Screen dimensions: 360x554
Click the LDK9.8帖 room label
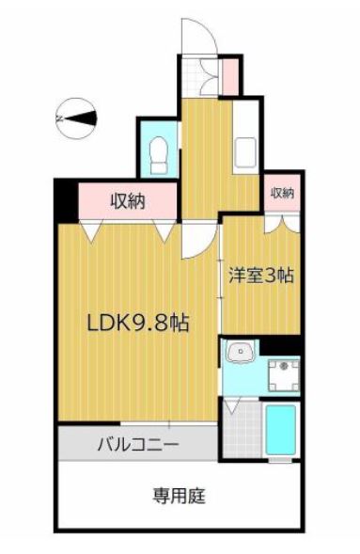[138, 323]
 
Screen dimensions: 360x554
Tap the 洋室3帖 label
[261, 276]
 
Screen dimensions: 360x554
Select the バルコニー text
[138, 443]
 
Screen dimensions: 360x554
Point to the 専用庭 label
[179, 496]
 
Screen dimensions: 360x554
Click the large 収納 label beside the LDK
[128, 201]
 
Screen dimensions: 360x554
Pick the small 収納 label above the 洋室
[282, 193]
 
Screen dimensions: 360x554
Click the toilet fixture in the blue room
[159, 155]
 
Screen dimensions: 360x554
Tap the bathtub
[281, 430]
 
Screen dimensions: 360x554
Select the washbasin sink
[240, 351]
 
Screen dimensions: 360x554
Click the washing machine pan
[284, 375]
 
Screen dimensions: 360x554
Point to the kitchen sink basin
[245, 152]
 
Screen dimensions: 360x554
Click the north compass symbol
[76, 119]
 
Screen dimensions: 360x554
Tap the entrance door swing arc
[209, 33]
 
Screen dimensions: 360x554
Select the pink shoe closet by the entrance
[230, 77]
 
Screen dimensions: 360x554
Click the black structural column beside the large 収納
[66, 201]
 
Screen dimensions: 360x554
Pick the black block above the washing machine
[281, 345]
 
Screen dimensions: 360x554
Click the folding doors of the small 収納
[282, 223]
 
